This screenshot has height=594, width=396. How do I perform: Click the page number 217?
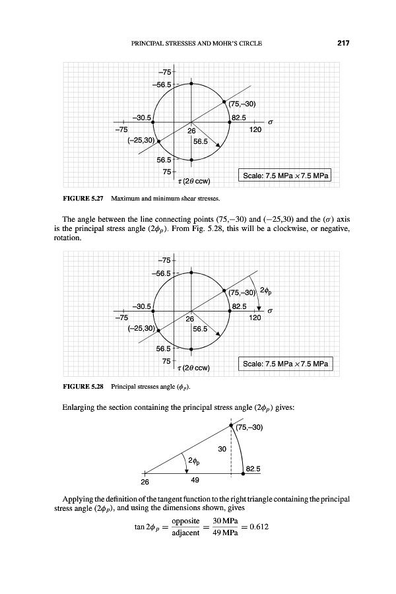click(x=342, y=44)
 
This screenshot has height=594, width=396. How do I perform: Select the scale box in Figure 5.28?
click(x=286, y=364)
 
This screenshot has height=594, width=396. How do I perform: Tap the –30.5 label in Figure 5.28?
click(x=143, y=306)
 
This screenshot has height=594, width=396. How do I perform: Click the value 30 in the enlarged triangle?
click(x=222, y=448)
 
